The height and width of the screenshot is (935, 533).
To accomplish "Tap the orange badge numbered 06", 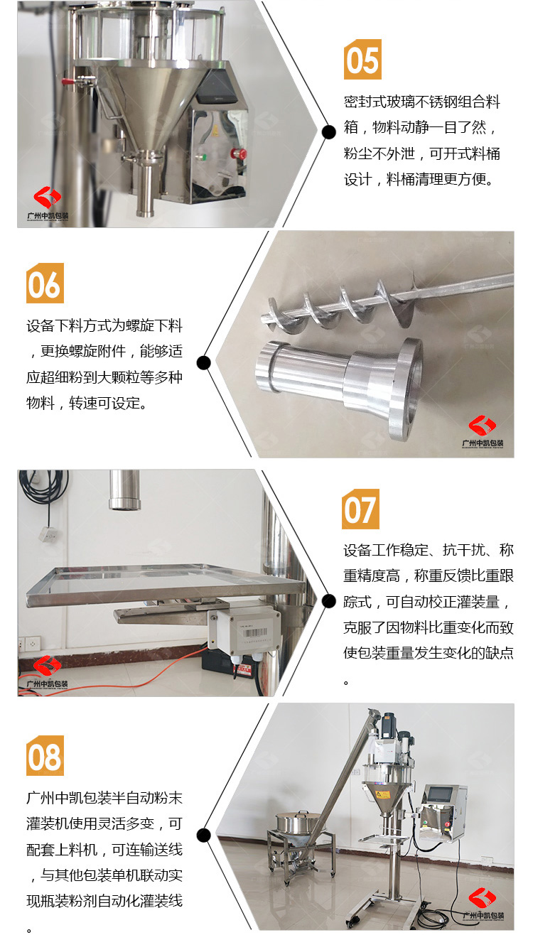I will click(45, 283).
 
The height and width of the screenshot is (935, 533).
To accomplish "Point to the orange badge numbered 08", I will click(45, 755).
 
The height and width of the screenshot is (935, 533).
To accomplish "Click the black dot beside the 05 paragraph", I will click(328, 132).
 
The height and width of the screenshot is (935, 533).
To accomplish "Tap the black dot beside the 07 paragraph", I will click(328, 601).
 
